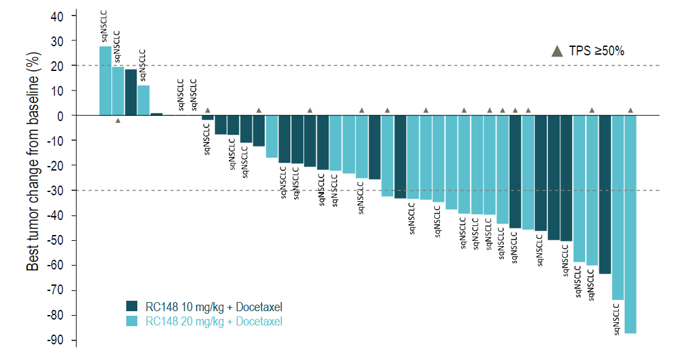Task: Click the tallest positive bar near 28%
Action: pyautogui.click(x=105, y=81)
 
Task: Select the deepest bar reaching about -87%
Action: pyautogui.click(x=630, y=224)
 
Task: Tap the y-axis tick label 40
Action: pyautogui.click(x=62, y=16)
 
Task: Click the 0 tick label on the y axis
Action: pyautogui.click(x=65, y=116)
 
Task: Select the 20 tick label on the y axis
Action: pyautogui.click(x=62, y=66)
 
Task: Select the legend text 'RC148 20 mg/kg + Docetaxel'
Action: pyautogui.click(x=214, y=321)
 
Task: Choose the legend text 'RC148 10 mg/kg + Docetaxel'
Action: pyautogui.click(x=214, y=307)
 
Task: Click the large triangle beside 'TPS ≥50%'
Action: pyautogui.click(x=557, y=51)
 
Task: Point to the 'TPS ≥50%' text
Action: pyautogui.click(x=597, y=51)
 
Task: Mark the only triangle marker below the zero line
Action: pyautogui.click(x=118, y=120)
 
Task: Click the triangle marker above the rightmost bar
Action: pyautogui.click(x=630, y=110)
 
